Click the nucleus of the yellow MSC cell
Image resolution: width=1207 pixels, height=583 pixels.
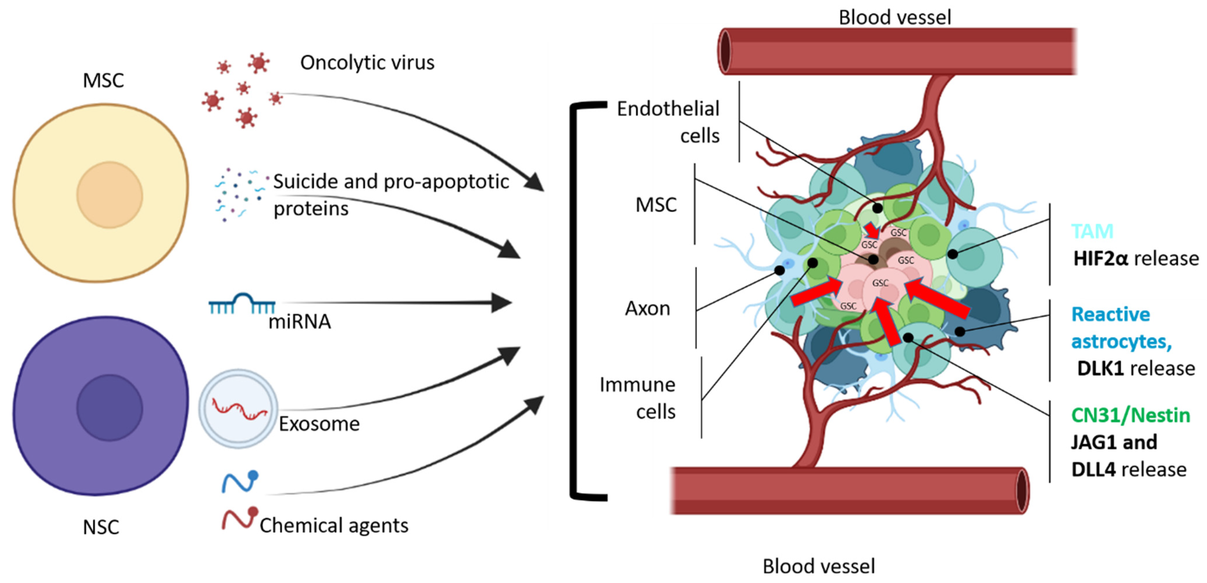(110, 195)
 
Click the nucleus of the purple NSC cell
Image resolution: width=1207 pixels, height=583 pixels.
(110, 407)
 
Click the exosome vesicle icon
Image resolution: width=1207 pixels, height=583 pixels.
(238, 408)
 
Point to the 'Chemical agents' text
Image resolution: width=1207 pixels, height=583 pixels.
(334, 525)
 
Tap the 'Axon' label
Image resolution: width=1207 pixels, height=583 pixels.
(648, 309)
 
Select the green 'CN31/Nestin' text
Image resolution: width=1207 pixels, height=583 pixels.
(1130, 415)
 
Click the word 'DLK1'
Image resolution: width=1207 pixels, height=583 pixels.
(1100, 369)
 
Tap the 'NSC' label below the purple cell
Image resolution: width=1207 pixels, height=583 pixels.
(101, 527)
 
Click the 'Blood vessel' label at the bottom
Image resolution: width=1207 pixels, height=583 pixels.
(819, 566)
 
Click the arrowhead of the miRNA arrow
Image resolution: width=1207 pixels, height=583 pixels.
(502, 303)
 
